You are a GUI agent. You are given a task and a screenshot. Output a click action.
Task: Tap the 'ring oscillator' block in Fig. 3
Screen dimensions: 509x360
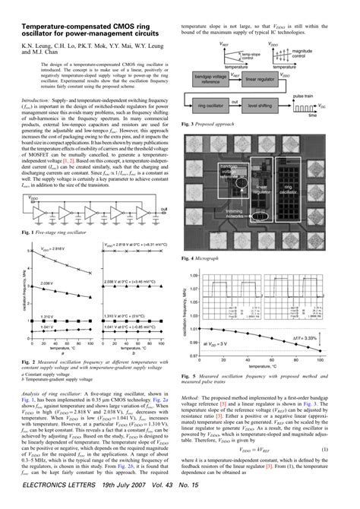point(210,103)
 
